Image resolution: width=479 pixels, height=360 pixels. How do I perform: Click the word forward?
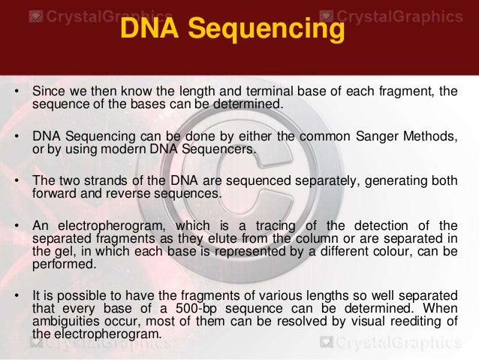tap(53, 193)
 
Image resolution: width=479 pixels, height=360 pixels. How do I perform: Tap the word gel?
tap(57, 251)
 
